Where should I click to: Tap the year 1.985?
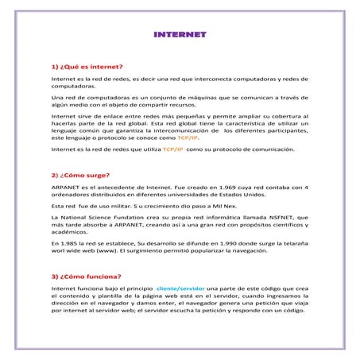click(x=68, y=242)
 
